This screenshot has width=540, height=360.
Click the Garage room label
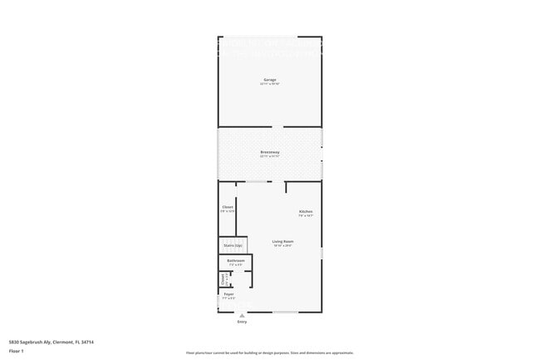click(x=270, y=79)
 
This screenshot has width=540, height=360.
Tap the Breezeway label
click(x=270, y=152)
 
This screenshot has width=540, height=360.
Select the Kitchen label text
click(x=306, y=211)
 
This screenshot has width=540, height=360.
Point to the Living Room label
click(x=283, y=241)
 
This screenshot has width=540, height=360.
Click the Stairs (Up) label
click(x=233, y=245)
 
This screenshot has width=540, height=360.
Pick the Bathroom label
click(x=234, y=260)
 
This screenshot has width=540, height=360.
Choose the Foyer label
click(x=228, y=293)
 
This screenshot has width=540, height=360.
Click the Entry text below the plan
click(x=242, y=322)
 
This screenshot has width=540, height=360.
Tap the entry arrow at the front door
click(x=242, y=315)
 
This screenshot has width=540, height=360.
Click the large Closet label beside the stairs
click(x=228, y=206)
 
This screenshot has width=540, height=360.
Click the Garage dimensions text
click(x=270, y=83)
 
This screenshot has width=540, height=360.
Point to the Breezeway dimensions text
click(x=270, y=156)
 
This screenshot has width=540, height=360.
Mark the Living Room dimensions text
click(x=283, y=245)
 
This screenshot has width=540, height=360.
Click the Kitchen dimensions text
click(x=306, y=215)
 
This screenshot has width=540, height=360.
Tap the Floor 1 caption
click(x=15, y=351)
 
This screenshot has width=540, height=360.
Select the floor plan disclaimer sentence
click(x=270, y=352)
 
